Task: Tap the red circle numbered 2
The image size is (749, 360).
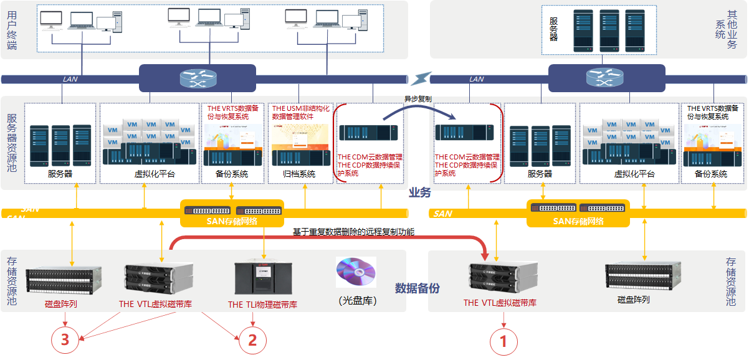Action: (252, 339)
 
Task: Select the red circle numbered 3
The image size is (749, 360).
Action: (65, 339)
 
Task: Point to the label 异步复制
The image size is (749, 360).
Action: (417, 99)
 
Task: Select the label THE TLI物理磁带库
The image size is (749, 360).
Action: (262, 305)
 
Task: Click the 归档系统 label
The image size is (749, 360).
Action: (299, 174)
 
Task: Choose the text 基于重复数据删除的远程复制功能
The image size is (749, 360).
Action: (354, 232)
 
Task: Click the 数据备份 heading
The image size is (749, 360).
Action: (417, 288)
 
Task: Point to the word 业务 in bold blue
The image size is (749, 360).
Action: (420, 192)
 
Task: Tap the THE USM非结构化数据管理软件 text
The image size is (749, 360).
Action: (300, 112)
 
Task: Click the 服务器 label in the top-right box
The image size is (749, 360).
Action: (553, 29)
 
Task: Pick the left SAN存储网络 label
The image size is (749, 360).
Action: (232, 220)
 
